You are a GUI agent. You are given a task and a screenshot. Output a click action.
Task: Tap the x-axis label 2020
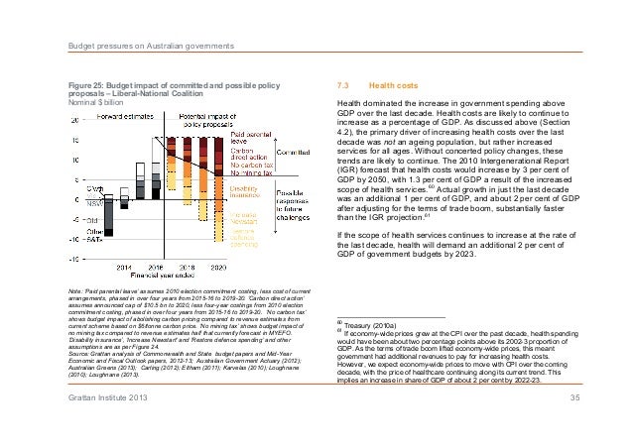click(218, 268)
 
